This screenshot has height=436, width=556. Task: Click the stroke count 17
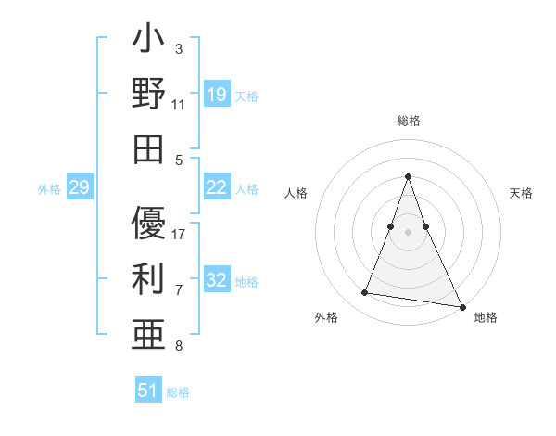(x=180, y=234)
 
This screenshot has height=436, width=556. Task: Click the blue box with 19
(x=217, y=95)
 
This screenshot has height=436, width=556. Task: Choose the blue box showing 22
(x=217, y=187)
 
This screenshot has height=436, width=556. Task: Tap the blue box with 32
(x=217, y=280)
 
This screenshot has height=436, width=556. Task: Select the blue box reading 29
(x=79, y=188)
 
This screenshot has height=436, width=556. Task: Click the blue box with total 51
(x=148, y=391)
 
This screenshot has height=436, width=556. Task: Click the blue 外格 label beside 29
(x=49, y=189)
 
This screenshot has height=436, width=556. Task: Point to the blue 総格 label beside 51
(x=178, y=392)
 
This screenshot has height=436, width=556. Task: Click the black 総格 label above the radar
(x=408, y=121)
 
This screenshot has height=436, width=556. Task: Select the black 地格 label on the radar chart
(x=486, y=317)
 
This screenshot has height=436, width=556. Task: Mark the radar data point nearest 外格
(x=365, y=293)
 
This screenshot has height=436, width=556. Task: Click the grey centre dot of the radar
(x=408, y=231)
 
